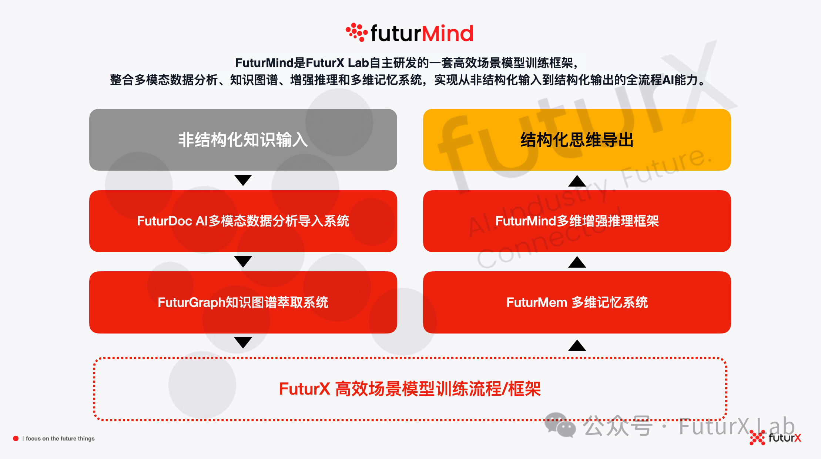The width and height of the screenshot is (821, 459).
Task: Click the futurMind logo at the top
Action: coord(409,33)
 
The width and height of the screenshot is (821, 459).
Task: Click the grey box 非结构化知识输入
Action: coord(243,140)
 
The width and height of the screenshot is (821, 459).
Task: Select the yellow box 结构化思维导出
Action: coord(577,140)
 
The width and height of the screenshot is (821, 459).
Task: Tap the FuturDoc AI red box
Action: coord(243,221)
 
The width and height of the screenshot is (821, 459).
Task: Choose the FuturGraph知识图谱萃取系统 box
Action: coord(243,302)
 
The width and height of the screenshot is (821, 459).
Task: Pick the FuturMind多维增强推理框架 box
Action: coord(577,221)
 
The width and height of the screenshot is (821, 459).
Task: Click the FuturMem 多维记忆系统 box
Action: coord(577,302)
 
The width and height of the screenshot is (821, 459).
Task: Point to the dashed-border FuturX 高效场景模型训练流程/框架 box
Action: coord(410,389)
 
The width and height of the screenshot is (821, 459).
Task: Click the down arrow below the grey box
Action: coord(243,180)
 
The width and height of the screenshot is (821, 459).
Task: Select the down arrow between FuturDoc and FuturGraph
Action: coord(243,261)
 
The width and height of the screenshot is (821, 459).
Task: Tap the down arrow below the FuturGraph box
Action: coord(243,342)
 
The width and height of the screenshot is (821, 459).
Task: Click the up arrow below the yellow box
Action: coord(577,181)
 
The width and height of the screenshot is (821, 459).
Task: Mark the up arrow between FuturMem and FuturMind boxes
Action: coord(577,262)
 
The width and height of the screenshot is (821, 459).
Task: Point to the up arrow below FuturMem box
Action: coord(577,345)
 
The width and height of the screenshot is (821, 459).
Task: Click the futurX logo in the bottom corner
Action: coord(775,438)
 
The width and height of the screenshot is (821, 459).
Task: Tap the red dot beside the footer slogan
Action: coord(16,439)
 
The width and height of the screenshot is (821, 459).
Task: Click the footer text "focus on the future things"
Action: coord(60,439)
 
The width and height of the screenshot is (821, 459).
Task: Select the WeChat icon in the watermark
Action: coord(560,425)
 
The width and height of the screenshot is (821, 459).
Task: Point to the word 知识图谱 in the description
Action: coord(254,80)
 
